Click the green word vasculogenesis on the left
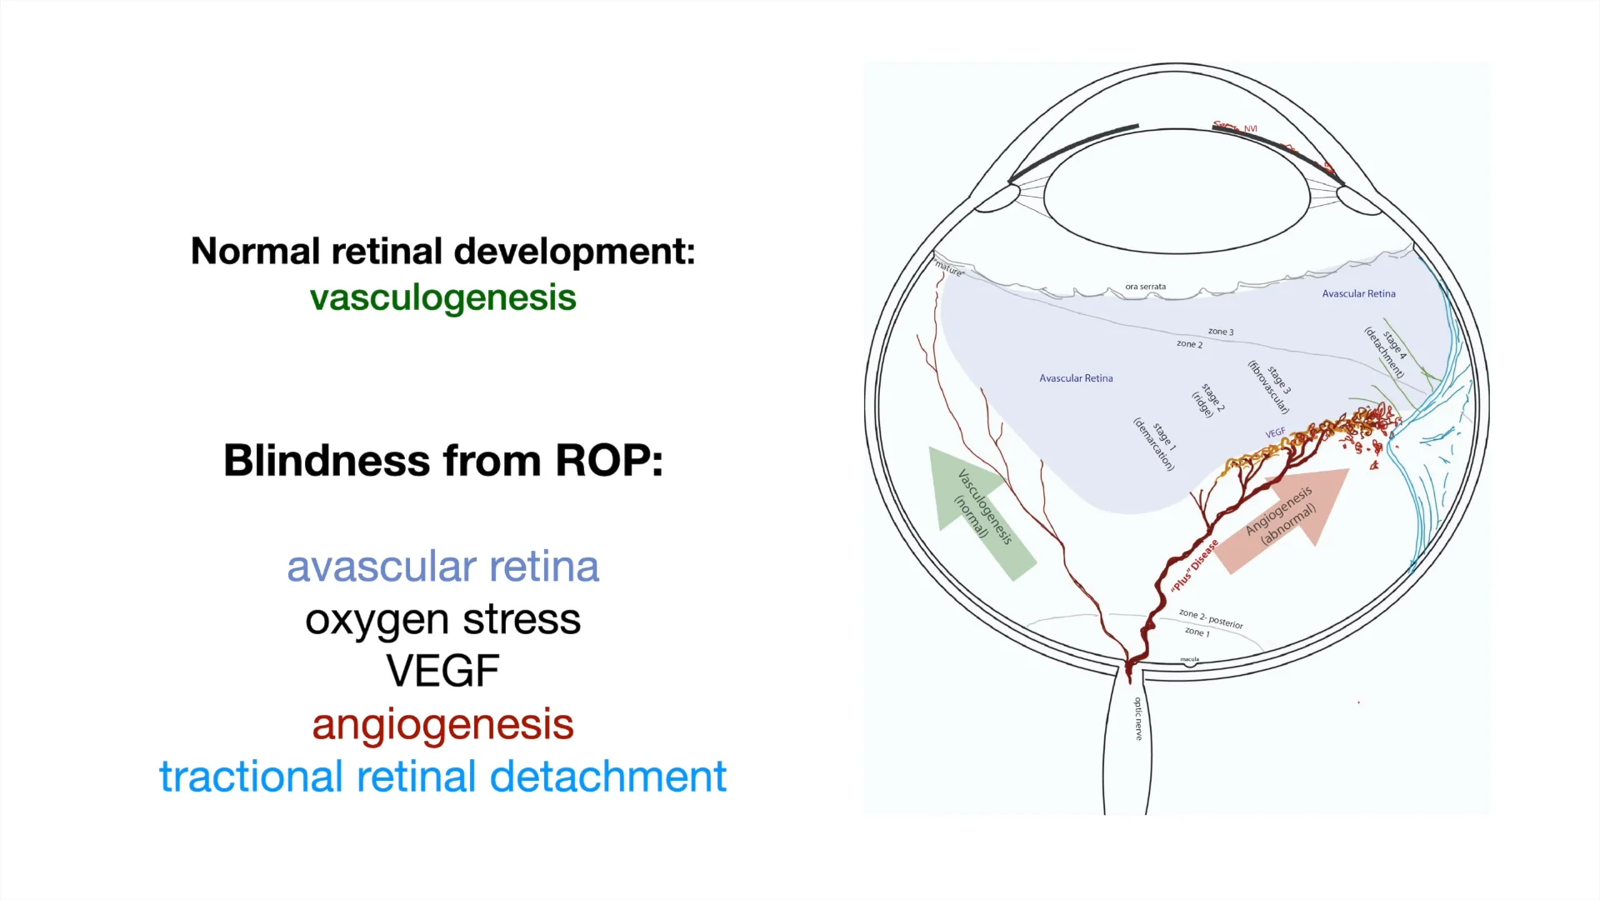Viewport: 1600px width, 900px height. (x=442, y=297)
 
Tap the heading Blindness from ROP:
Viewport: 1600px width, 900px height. (x=442, y=460)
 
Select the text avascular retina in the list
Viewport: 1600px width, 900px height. (x=442, y=567)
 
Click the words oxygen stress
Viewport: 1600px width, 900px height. (x=442, y=619)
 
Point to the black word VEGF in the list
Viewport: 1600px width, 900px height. (x=442, y=671)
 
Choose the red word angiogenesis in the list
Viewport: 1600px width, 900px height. (x=442, y=723)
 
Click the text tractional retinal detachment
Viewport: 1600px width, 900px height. (x=442, y=776)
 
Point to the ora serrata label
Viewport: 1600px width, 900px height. (x=1145, y=287)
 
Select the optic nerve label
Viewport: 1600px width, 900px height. (x=1138, y=718)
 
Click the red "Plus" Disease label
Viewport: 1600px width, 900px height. (x=1194, y=566)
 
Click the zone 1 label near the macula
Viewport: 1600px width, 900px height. (x=1197, y=632)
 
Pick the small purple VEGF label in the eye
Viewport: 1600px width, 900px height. (x=1275, y=433)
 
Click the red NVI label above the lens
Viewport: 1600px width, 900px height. (x=1250, y=128)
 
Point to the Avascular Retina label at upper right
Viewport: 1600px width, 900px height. (x=1358, y=293)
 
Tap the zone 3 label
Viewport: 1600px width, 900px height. (x=1221, y=332)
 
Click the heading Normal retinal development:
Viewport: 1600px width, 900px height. (x=442, y=251)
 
